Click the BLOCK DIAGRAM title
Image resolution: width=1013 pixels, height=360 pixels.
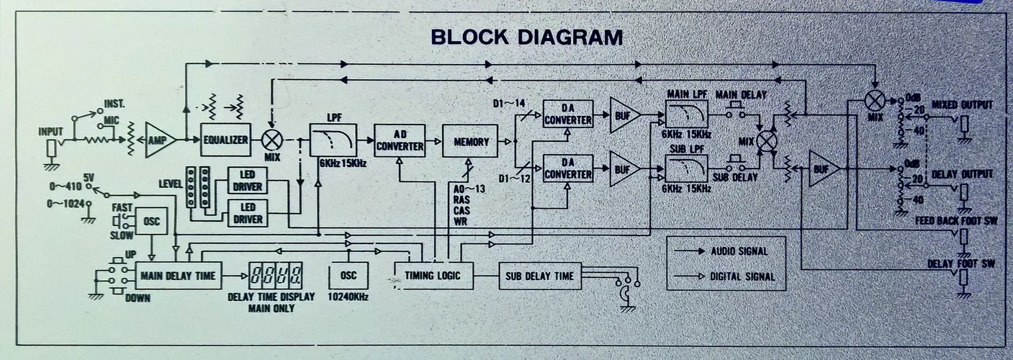pos(526,37)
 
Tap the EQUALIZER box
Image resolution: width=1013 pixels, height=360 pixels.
pos(225,140)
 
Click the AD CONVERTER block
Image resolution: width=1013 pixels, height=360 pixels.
pos(400,140)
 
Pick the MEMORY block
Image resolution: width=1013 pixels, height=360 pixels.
pos(469,142)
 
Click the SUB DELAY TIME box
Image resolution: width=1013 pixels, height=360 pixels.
pos(539,275)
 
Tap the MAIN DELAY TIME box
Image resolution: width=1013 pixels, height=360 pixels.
pos(179,275)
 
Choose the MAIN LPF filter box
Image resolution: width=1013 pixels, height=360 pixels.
pos(686,114)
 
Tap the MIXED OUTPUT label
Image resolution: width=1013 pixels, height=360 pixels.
pos(962,105)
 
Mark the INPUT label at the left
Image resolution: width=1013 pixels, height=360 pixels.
pos(51,132)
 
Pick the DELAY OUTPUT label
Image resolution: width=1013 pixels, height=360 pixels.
pos(962,174)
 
